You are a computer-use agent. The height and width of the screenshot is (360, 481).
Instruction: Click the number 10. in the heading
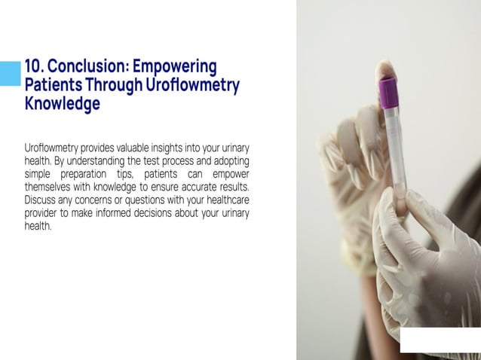coord(35,67)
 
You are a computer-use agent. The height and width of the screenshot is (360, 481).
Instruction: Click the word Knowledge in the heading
coord(62,104)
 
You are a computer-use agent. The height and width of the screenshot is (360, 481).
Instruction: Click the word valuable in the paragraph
coord(134,149)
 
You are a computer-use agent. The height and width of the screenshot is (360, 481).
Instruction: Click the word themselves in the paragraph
coord(50,188)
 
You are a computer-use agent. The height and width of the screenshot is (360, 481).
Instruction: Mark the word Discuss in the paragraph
coord(41,200)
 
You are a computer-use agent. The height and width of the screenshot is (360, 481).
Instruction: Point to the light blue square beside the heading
coord(10,72)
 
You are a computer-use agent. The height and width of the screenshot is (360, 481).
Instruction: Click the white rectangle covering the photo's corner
coord(440,340)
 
